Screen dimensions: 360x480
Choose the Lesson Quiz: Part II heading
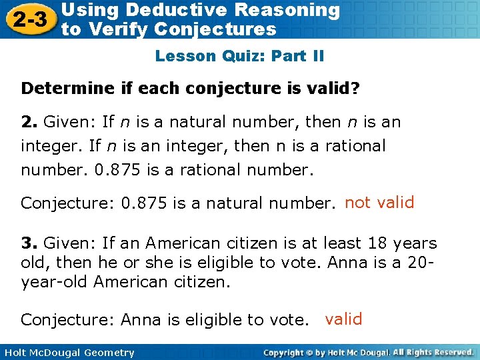pos(239,56)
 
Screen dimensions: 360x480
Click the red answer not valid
pos(379,202)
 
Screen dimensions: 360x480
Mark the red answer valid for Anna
pos(343,319)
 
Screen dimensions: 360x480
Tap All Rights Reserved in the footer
pos(433,351)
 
